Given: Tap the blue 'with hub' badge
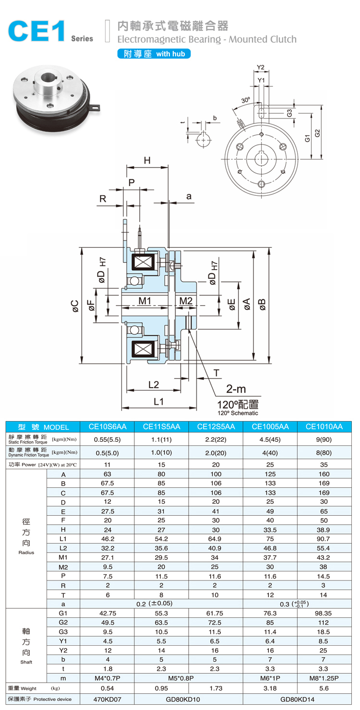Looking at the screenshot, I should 154,54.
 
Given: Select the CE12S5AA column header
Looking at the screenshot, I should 216,426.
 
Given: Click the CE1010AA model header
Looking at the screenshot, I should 324,426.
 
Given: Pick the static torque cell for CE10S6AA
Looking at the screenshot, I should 108,439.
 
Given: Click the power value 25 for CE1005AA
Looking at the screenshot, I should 270,464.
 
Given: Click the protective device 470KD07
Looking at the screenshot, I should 108,699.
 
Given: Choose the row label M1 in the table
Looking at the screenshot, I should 63,557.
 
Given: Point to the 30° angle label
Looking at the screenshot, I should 245,100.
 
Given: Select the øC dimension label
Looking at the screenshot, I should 74,305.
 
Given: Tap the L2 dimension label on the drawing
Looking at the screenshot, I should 154,384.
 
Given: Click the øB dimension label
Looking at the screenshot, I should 262,304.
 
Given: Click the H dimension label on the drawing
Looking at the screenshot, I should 147,160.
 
